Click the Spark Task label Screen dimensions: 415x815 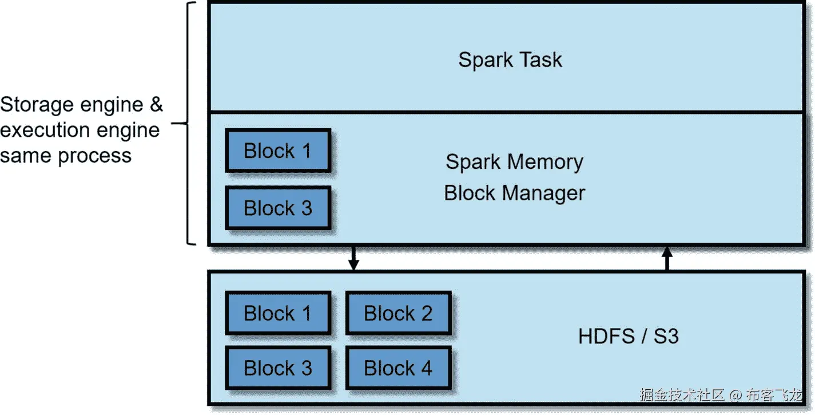click(x=510, y=60)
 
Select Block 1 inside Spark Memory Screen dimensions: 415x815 click(x=277, y=151)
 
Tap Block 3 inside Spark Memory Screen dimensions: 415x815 click(x=277, y=208)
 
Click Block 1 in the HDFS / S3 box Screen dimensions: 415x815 click(x=277, y=313)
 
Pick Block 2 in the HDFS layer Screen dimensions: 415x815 click(x=398, y=313)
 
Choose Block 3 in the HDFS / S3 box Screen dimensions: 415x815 click(x=277, y=368)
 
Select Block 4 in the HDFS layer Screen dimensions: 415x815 click(x=398, y=368)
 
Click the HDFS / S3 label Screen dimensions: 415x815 click(x=628, y=336)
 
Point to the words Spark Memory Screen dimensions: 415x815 click(x=514, y=162)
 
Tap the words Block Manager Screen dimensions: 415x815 click(x=514, y=193)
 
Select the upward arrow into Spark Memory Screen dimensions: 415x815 click(x=667, y=258)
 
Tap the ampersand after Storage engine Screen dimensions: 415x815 click(x=156, y=105)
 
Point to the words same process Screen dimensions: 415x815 click(x=66, y=155)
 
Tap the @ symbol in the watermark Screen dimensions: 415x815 click(x=736, y=394)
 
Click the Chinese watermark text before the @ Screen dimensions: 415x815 click(x=682, y=394)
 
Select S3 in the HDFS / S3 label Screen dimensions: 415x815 click(x=666, y=336)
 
